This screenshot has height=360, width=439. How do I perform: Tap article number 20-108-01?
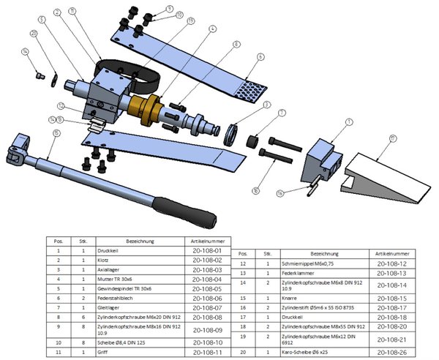coord(206,250)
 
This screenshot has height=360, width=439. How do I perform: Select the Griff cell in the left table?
coord(132,352)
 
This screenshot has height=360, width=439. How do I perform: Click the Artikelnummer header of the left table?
coord(206,240)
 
